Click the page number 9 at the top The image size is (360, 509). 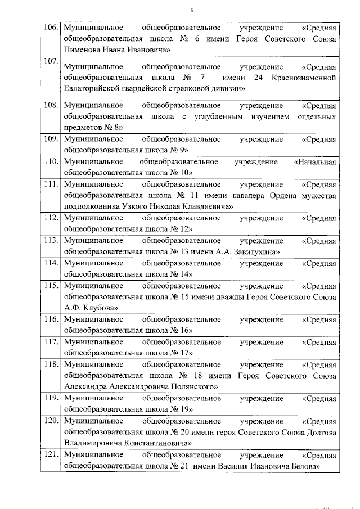click(192, 10)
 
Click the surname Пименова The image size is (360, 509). click(84, 50)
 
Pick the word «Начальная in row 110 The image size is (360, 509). click(315, 162)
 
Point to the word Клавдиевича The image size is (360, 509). click(209, 206)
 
